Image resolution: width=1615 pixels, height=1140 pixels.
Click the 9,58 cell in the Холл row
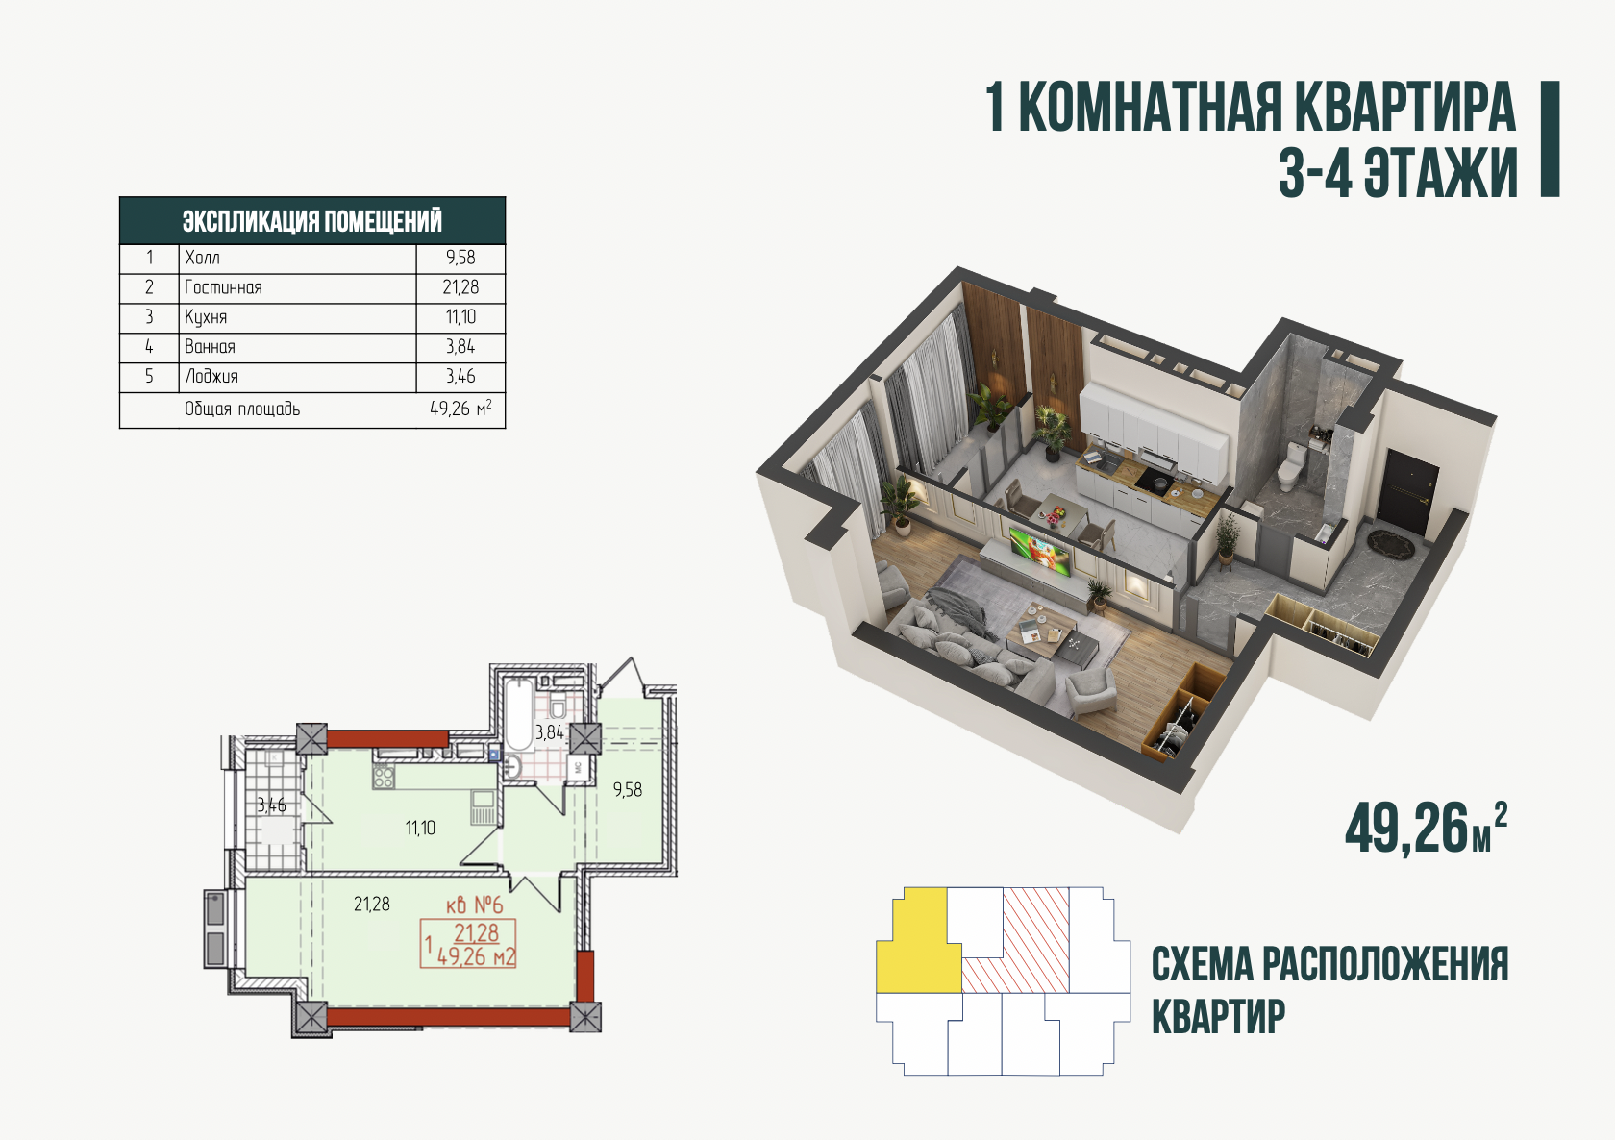tap(460, 258)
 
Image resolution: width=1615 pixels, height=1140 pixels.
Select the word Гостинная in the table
tap(223, 287)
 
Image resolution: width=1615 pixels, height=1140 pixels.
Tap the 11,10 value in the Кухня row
tap(460, 316)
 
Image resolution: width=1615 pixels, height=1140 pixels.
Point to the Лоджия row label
tap(211, 376)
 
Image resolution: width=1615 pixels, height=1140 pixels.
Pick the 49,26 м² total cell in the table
tap(460, 409)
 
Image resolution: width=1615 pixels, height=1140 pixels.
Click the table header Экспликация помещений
tap(312, 221)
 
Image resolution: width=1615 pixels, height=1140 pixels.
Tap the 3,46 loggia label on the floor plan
tap(272, 805)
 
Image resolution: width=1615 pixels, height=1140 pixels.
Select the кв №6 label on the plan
tap(475, 904)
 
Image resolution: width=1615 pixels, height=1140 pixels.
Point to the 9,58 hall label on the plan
tap(627, 789)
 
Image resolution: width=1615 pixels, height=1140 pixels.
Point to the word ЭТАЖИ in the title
tap(1441, 173)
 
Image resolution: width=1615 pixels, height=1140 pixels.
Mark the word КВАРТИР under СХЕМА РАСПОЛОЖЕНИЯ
tap(1219, 1017)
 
